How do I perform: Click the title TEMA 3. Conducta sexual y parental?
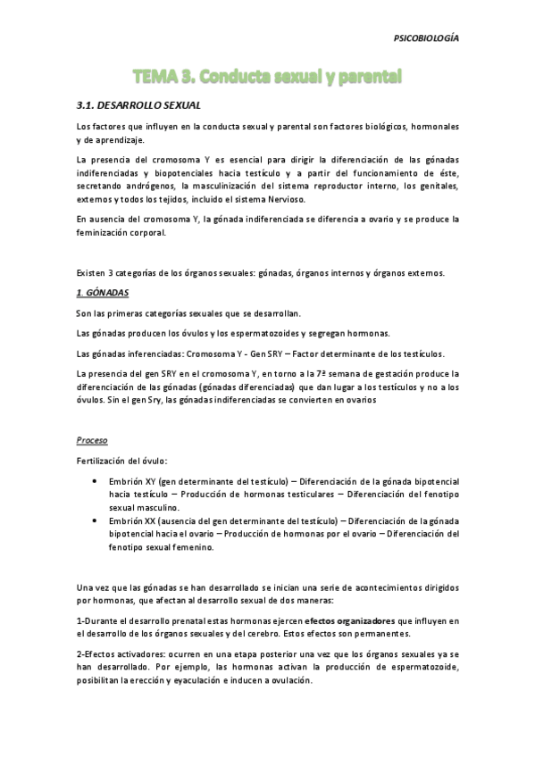[267, 77]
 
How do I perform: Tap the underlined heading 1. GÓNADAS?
[104, 293]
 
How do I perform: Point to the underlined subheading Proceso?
[93, 440]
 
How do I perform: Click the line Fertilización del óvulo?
[121, 459]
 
